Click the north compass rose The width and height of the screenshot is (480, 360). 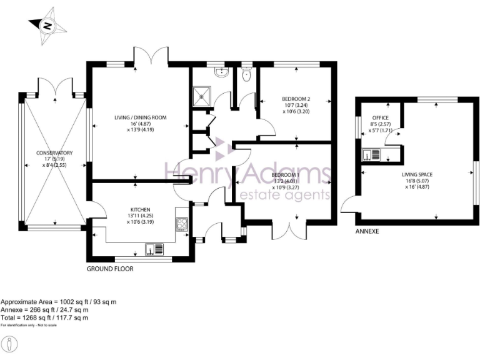46,27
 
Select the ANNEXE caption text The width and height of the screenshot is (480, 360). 367,231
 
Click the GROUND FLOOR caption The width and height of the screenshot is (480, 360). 111,269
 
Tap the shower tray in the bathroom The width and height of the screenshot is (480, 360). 202,96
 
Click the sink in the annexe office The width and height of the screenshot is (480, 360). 369,154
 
